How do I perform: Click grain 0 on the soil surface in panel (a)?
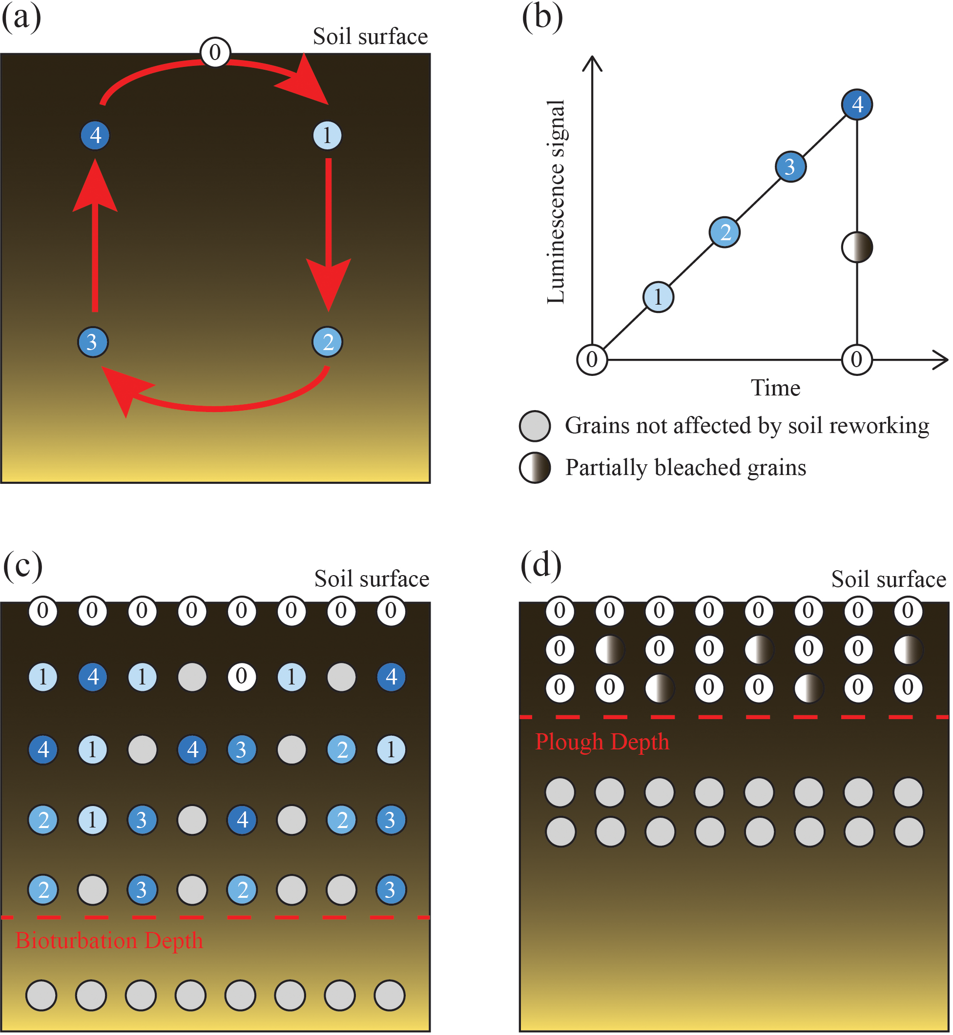(x=215, y=52)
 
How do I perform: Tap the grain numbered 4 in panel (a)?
(x=95, y=135)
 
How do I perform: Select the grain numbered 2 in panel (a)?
(x=328, y=342)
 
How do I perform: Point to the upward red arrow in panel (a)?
(x=95, y=237)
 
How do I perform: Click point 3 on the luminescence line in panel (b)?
(x=790, y=166)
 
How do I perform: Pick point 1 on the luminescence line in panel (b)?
(x=658, y=297)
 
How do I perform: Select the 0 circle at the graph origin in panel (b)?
(x=592, y=359)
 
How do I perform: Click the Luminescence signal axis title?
(x=557, y=202)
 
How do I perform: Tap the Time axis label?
(x=775, y=388)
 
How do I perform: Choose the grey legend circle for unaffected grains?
(x=535, y=426)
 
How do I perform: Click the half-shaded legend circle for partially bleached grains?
(x=535, y=468)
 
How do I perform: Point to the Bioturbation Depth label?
(x=109, y=941)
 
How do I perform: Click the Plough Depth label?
(x=602, y=742)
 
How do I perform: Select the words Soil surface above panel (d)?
(x=888, y=579)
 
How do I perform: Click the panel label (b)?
(x=542, y=17)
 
